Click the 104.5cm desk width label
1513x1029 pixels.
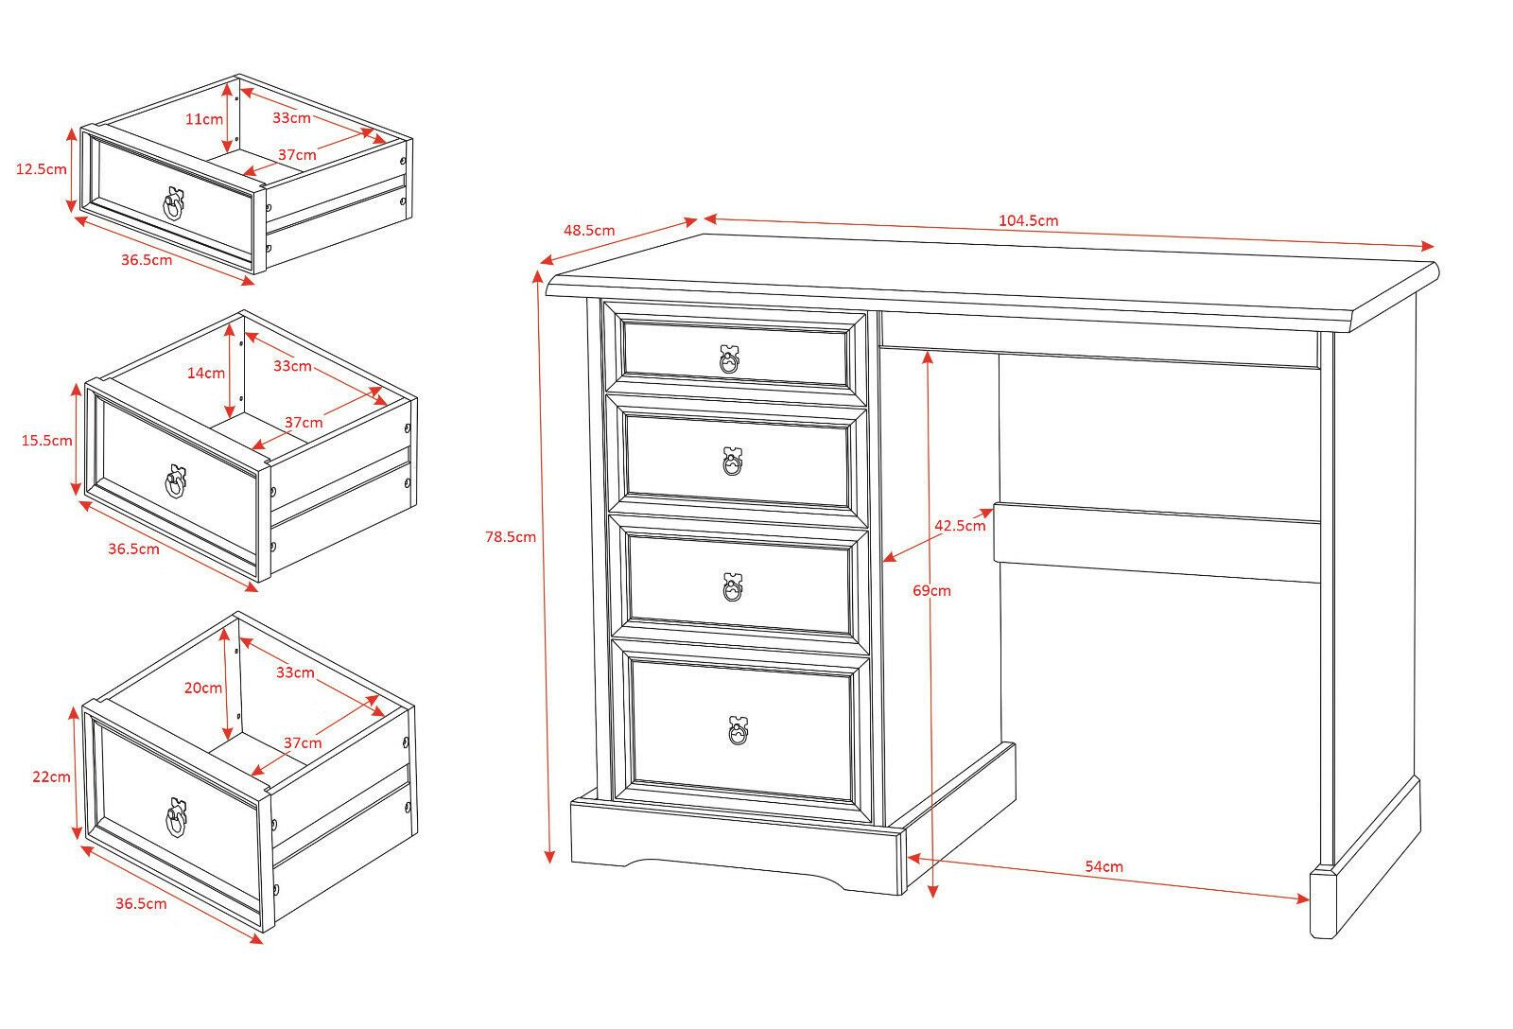coord(1028,221)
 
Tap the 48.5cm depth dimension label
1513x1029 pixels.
coord(589,230)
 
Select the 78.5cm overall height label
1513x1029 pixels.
coord(511,537)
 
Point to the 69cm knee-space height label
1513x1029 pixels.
coord(932,591)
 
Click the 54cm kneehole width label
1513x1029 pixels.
coord(1104,866)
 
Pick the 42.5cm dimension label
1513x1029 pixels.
coord(960,526)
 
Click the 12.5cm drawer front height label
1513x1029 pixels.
coord(42,169)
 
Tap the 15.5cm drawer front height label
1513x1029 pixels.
coord(47,440)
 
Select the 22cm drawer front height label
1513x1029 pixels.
coord(51,776)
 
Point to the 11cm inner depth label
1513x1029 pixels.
coord(204,119)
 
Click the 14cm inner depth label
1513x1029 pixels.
coord(206,373)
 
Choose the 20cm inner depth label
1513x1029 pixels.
coord(203,688)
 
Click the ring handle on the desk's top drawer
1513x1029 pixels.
coord(729,359)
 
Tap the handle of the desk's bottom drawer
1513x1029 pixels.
coord(738,731)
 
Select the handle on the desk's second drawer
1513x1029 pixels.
coord(732,462)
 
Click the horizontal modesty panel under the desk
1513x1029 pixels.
coord(1156,542)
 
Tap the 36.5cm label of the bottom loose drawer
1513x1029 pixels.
coord(141,903)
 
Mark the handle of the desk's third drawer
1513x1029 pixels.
coord(733,587)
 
